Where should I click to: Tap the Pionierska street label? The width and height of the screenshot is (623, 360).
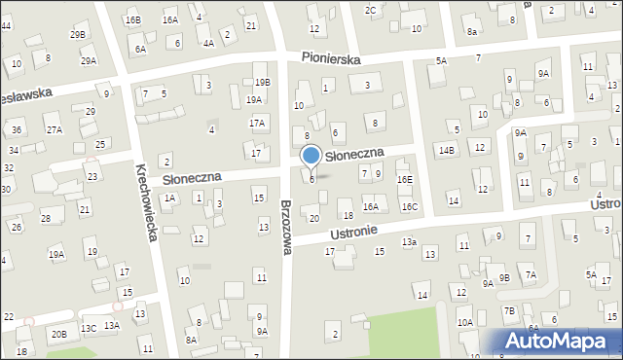point(331,59)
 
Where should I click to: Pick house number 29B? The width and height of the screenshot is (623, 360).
point(78,35)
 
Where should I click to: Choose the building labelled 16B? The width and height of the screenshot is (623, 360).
point(132,19)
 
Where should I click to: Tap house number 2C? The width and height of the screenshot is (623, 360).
point(370,10)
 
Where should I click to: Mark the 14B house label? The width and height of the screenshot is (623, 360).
point(447,150)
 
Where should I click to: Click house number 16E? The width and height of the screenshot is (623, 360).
point(404,180)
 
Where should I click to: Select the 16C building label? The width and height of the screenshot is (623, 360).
point(410,206)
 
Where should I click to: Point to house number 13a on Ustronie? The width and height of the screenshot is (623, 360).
point(410,241)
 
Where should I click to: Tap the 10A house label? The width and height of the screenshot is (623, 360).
point(465,322)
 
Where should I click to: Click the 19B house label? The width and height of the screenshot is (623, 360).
point(262,82)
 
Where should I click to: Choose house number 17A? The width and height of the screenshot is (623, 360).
point(257,124)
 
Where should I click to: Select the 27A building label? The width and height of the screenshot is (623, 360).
point(54,129)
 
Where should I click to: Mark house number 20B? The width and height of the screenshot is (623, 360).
point(59,334)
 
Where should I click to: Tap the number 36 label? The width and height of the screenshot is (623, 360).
point(17,129)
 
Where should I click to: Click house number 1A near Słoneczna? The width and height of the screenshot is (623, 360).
point(169,198)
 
